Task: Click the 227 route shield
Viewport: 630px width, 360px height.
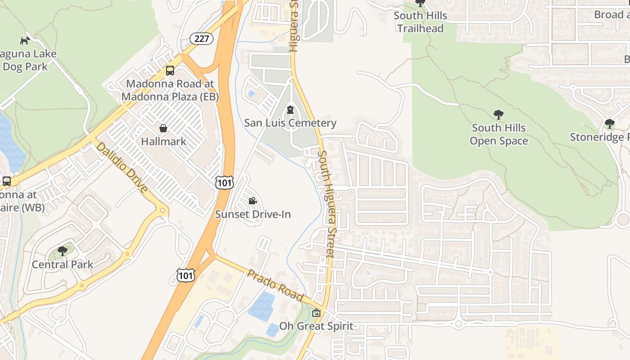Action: tap(201, 39)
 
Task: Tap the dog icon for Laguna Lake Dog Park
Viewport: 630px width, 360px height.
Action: tap(25, 40)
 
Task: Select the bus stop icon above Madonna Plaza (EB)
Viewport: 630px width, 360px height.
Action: tap(170, 71)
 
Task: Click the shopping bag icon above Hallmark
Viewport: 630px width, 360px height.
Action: tap(163, 128)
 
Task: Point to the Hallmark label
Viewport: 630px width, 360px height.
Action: tap(163, 141)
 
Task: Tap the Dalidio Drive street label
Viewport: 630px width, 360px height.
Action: tap(121, 167)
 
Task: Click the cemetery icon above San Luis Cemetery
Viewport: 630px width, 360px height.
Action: tap(290, 110)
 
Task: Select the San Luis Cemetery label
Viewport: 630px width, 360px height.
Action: tap(290, 123)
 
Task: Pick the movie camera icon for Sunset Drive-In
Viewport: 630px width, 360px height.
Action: tap(253, 201)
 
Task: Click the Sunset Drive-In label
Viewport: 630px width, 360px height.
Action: tap(253, 214)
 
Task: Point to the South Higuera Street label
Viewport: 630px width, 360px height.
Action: tap(326, 203)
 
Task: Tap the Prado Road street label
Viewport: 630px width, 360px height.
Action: tap(275, 285)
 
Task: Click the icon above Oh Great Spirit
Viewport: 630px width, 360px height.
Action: tap(316, 313)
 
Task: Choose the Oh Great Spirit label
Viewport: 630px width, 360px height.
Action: tap(316, 326)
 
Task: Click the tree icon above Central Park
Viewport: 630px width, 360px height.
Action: tap(63, 251)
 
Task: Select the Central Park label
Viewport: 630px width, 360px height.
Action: tap(63, 264)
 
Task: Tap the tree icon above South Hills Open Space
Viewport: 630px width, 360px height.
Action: tap(498, 114)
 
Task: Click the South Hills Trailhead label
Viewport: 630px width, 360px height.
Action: tap(420, 22)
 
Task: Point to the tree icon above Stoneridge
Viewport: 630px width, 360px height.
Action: tap(609, 123)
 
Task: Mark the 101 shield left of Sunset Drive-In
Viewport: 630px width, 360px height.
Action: tap(224, 182)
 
